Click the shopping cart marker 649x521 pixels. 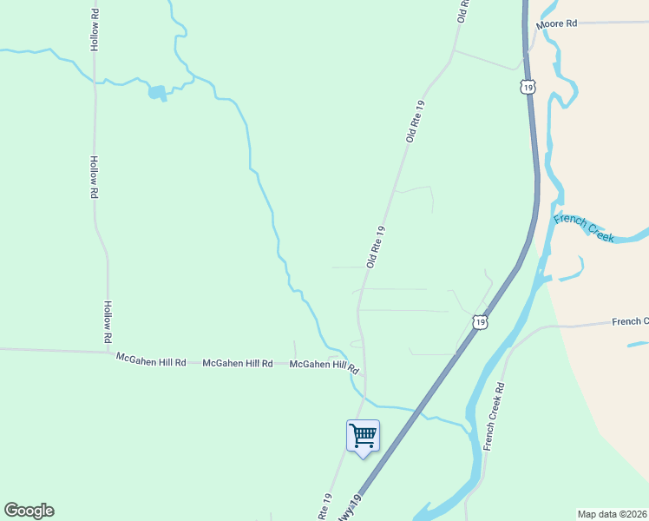[x=363, y=435]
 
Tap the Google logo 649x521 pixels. [x=29, y=511]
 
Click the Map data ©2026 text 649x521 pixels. [x=612, y=514]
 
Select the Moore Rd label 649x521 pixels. [x=556, y=24]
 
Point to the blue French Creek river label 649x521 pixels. [x=584, y=228]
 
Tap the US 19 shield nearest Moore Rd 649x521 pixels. [x=528, y=87]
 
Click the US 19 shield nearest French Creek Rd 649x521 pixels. [x=480, y=322]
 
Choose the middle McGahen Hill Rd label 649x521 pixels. [x=238, y=364]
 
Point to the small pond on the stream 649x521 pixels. [x=157, y=92]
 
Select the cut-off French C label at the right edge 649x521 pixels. [x=629, y=321]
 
